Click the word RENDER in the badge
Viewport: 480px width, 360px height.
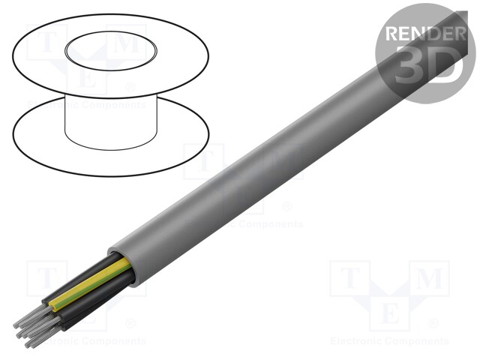pyautogui.click(x=423, y=33)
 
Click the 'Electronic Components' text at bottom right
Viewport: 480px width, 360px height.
pyautogui.click(x=390, y=341)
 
